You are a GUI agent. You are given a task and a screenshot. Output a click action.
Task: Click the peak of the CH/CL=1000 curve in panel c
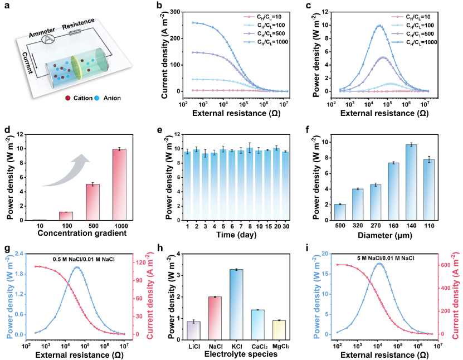[x=379, y=26]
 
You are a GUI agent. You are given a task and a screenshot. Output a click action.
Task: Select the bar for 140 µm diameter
[x=411, y=182]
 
